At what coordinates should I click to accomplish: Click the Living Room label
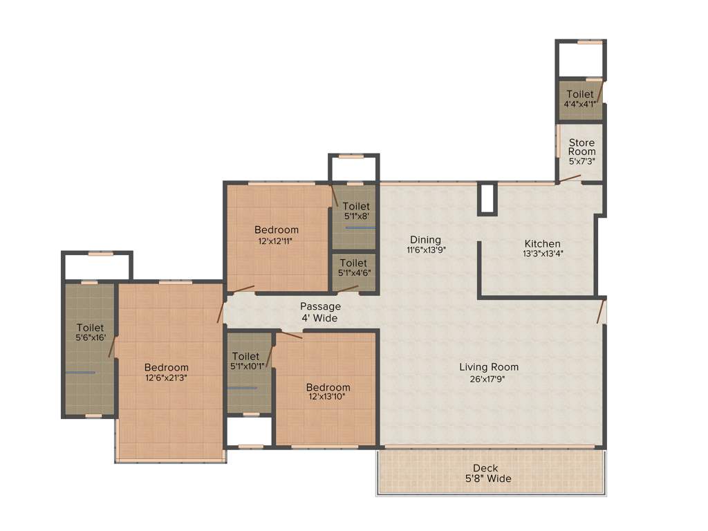click(489, 367)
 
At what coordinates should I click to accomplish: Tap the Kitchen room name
click(542, 243)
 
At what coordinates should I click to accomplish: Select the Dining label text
click(424, 240)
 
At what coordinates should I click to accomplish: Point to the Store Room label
click(581, 147)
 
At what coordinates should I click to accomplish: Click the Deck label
click(492, 468)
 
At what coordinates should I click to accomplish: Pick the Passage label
click(320, 306)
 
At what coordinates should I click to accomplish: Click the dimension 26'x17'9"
click(489, 378)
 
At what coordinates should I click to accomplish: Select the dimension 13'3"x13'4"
click(542, 254)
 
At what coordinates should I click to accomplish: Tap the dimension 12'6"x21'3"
click(166, 378)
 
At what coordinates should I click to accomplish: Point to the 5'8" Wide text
click(492, 478)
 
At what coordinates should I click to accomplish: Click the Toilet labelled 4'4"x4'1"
click(579, 94)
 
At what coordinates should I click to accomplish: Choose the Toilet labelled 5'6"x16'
click(90, 328)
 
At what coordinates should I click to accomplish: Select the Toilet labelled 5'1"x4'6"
click(353, 263)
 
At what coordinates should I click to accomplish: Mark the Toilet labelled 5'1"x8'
click(356, 206)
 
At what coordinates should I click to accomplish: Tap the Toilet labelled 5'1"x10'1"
click(246, 356)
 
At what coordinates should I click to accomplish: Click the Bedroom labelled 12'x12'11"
click(277, 230)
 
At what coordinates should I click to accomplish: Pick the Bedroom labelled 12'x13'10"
click(328, 387)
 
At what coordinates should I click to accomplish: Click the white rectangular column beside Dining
click(487, 198)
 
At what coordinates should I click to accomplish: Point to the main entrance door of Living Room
click(602, 310)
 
